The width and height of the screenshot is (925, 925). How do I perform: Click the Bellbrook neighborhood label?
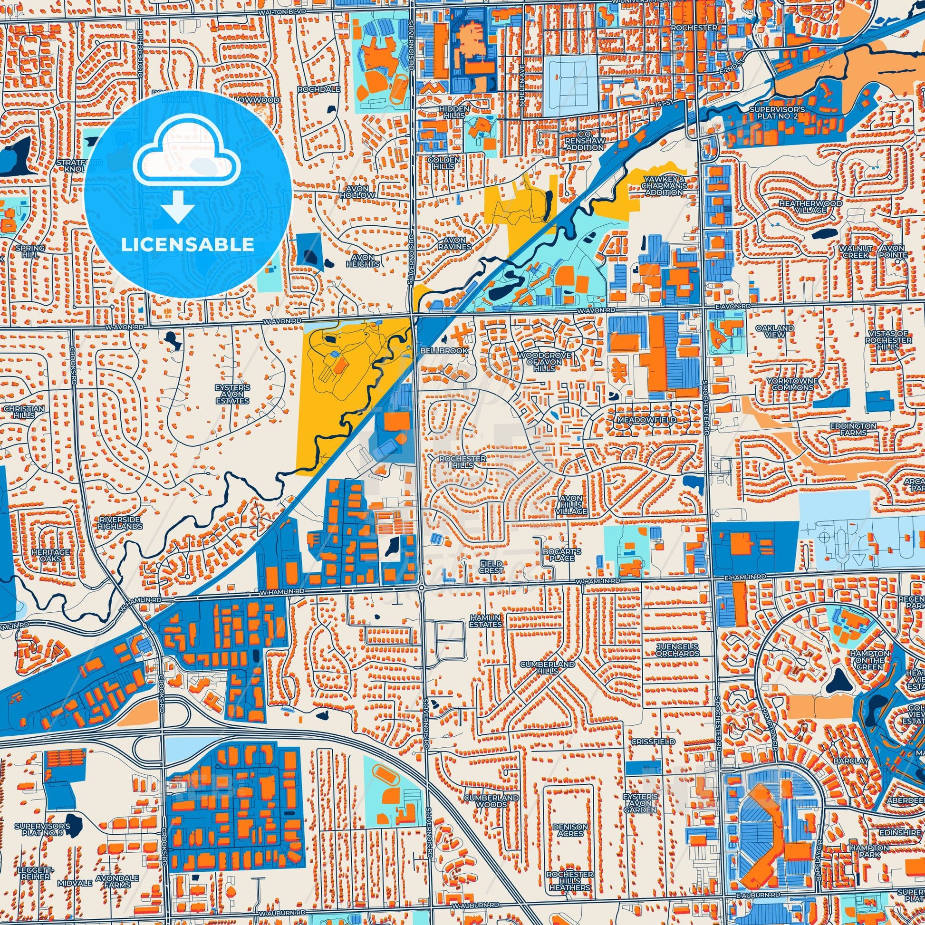437,351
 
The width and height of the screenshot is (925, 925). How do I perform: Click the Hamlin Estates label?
485,621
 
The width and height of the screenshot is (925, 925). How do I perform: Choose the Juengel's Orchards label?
677,650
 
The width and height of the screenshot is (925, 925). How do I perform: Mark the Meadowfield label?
647,419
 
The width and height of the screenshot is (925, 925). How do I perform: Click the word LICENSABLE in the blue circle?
187,245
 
